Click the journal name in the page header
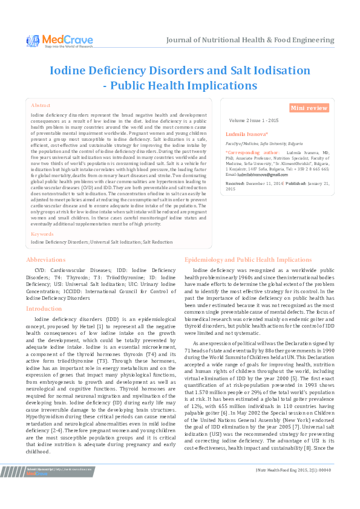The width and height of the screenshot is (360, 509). click(x=250, y=41)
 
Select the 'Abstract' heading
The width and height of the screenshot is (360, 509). click(x=41, y=105)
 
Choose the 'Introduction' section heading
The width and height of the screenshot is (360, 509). click(x=44, y=308)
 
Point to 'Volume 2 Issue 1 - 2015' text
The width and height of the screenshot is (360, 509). click(x=254, y=120)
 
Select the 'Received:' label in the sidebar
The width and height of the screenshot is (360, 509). click(x=235, y=182)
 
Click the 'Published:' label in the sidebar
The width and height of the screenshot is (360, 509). click(x=296, y=182)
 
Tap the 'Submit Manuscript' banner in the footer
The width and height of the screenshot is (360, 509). click(x=42, y=485)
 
